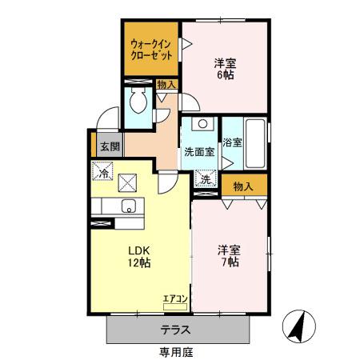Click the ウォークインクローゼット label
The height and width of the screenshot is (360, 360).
152,50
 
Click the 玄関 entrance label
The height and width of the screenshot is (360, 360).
110,146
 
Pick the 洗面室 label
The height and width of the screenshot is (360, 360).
199,151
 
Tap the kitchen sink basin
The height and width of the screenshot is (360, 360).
128,206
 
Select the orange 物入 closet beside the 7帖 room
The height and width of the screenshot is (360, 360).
244,186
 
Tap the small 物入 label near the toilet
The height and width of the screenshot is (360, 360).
166,84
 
